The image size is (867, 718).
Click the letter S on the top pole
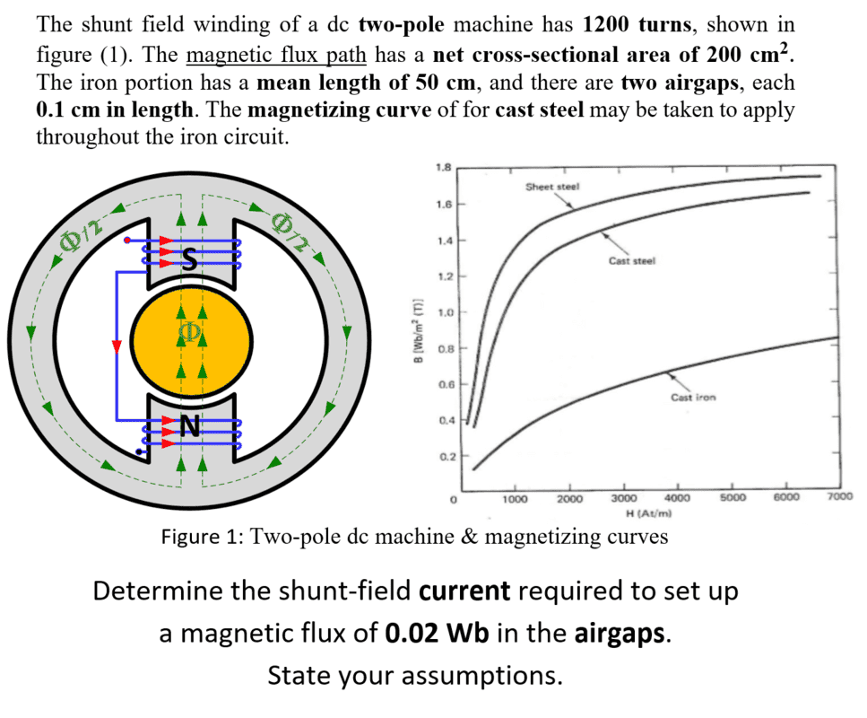pyautogui.click(x=188, y=259)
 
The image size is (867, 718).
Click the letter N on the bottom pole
pyautogui.click(x=188, y=427)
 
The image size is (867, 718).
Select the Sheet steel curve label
pyautogui.click(x=552, y=187)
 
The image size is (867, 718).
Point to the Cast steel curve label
pyautogui.click(x=632, y=261)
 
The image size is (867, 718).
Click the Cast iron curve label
pyautogui.click(x=693, y=397)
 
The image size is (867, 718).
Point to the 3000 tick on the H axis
pyautogui.click(x=624, y=498)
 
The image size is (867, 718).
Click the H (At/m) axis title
pyautogui.click(x=650, y=512)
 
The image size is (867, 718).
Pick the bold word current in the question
pyautogui.click(x=465, y=591)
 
